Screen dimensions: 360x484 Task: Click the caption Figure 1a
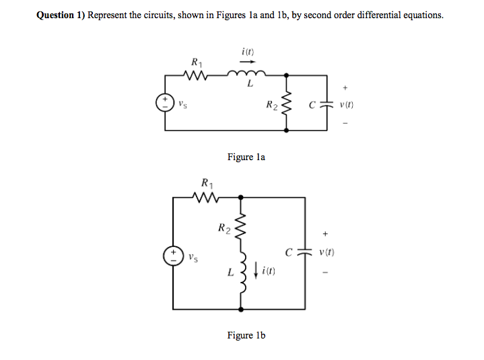coord(246,157)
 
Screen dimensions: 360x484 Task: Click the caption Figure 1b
coord(246,335)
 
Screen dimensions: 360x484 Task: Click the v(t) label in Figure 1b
coord(328,253)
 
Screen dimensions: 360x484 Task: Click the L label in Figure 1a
coord(250,85)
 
